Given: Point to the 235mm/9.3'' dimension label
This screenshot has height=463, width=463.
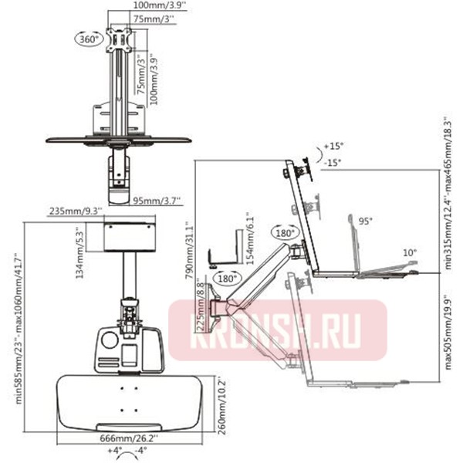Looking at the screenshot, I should click(72, 211).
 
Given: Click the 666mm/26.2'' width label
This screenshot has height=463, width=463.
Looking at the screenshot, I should click(125, 438).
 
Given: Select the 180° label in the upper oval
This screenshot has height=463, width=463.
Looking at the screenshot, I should click(282, 232).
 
